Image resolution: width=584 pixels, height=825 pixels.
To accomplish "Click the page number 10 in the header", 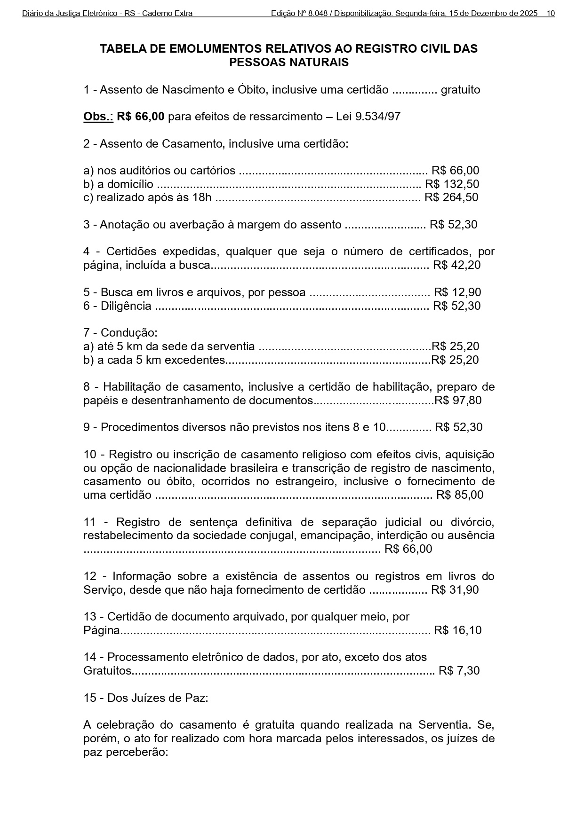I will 551,14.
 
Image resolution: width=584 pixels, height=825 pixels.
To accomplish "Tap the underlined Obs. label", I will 98,117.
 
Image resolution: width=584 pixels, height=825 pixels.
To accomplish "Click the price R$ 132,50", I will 452,184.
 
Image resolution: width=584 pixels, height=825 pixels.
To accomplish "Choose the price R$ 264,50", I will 451,197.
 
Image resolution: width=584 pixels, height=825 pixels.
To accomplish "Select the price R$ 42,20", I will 456,265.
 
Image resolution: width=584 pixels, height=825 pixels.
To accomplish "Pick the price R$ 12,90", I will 457,292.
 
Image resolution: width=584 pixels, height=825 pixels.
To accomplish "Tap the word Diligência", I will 126,306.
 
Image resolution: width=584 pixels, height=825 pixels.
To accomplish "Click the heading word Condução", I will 128,333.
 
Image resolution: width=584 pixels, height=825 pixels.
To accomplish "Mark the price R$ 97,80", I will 458,401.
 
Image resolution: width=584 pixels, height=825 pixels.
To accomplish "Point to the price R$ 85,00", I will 459,495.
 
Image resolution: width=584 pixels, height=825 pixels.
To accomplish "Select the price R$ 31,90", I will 455,590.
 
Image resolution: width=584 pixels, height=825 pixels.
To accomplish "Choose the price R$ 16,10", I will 457,630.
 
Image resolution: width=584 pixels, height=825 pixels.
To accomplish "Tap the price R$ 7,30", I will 459,671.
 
